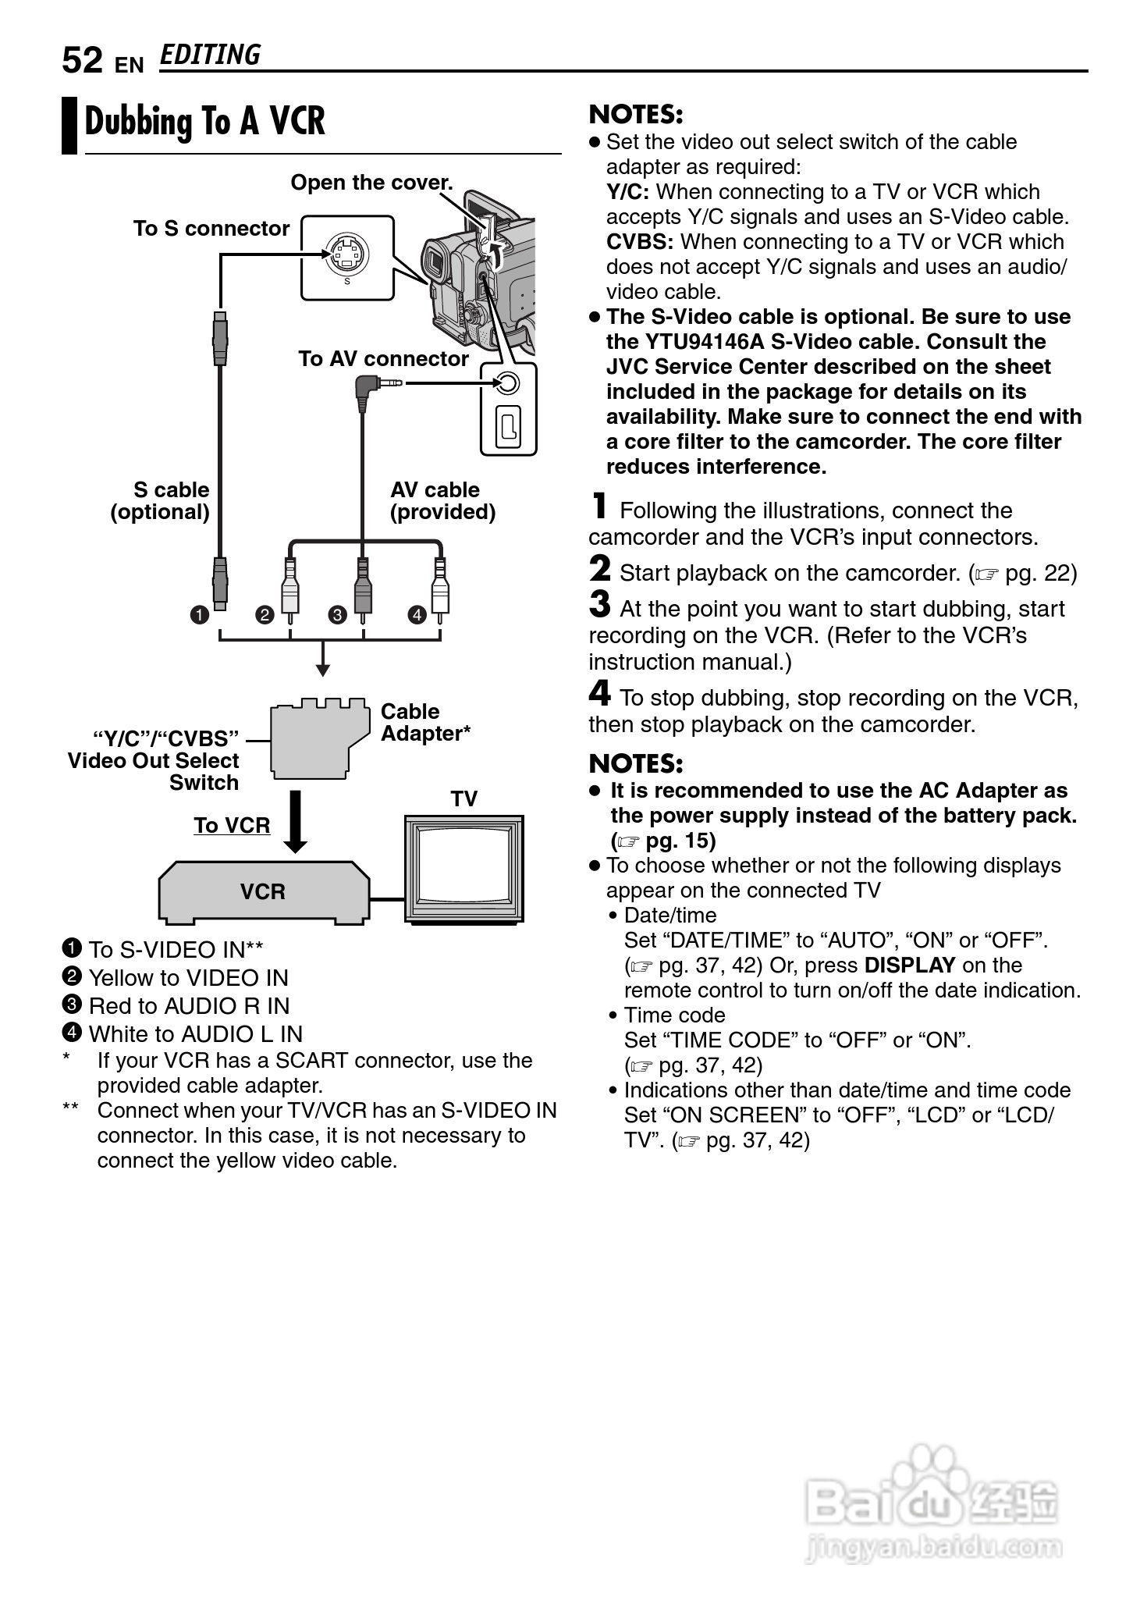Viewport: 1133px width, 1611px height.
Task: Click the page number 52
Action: tap(82, 61)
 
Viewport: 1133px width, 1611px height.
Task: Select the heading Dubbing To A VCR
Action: tap(204, 123)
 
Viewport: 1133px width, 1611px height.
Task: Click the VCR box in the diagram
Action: tap(264, 892)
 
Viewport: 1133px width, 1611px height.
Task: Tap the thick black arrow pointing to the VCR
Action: tap(296, 821)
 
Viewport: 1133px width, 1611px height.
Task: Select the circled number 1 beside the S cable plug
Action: tap(200, 615)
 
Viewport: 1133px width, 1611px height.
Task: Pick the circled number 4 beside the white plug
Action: tap(417, 615)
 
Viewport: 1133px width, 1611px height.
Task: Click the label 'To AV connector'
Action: tap(383, 359)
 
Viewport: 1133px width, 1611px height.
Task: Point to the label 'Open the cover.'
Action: tap(371, 183)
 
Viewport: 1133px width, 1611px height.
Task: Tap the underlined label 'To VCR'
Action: tap(232, 825)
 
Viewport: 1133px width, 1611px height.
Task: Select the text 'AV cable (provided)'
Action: tap(442, 501)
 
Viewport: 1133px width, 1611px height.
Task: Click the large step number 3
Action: tap(599, 604)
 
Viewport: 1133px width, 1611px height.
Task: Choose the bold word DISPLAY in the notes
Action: tap(910, 966)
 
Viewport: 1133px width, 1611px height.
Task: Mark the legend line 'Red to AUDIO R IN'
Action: tap(189, 1006)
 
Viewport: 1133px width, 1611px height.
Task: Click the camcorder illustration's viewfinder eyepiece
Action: tap(435, 261)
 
